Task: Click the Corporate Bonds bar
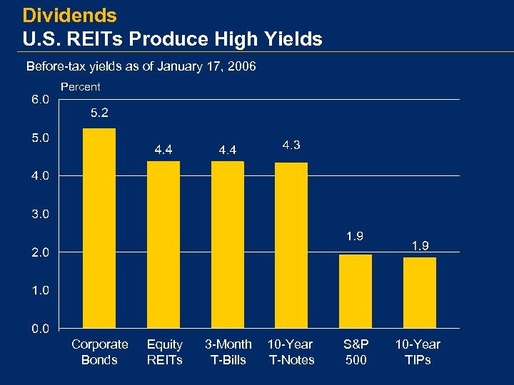coord(99,228)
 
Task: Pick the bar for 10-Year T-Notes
coord(291,245)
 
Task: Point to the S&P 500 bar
coord(356,292)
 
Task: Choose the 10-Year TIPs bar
coord(420,293)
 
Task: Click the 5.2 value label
coord(99,112)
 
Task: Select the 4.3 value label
coord(291,145)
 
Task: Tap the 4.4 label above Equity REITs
coord(163,150)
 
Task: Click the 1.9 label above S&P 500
coord(356,236)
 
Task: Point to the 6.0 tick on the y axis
coord(40,99)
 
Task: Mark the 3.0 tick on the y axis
coord(40,214)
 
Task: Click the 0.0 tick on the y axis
coord(40,329)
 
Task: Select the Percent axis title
coord(81,87)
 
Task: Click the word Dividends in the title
coord(69,14)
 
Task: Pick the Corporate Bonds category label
coord(100,351)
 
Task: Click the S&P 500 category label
coord(356,351)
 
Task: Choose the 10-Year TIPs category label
coord(418,351)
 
